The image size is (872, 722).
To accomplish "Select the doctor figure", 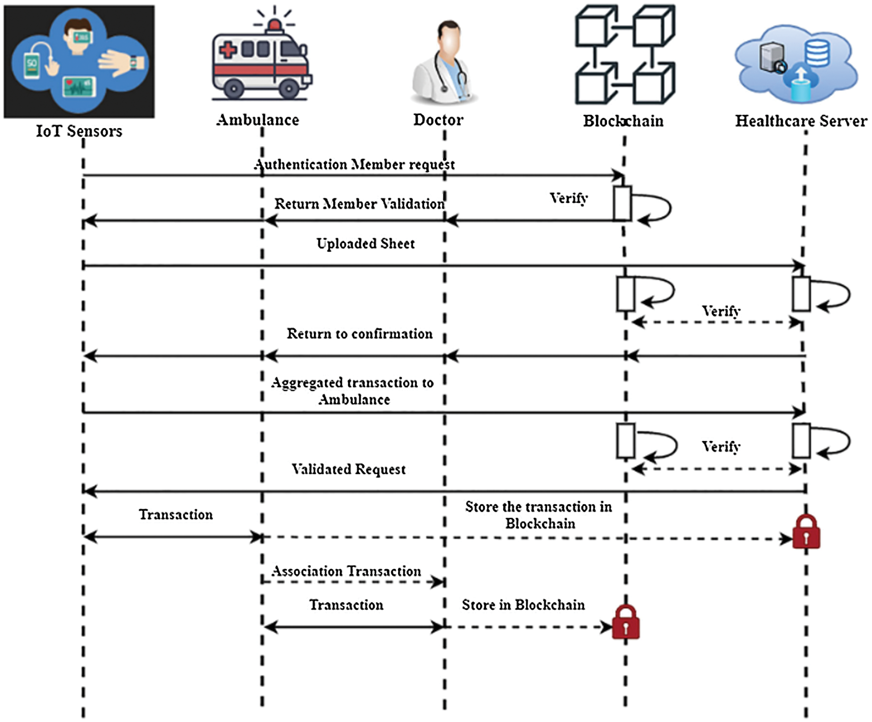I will coord(444,62).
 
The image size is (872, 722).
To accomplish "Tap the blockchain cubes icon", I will coord(625,55).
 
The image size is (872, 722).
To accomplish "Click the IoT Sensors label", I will coord(79,131).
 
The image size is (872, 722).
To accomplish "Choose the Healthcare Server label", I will coord(801,121).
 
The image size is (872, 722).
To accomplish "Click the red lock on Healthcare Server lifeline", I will coord(806,532).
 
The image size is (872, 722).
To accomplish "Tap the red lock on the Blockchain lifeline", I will coord(625,622).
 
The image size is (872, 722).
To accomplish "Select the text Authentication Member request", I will coord(354,164).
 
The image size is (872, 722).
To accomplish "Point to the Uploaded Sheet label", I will coord(365,244).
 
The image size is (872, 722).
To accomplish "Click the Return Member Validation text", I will coord(359,204).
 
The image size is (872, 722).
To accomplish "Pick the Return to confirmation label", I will coord(359,334).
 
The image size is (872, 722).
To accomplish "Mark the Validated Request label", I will coord(348,469).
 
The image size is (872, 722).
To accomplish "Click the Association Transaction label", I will coord(346,571).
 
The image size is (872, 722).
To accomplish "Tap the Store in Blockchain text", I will coord(523,605).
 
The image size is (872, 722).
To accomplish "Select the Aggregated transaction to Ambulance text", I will coord(352,391).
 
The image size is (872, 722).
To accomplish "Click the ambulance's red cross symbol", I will coord(228,50).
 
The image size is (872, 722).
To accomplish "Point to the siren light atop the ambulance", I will coord(274,24).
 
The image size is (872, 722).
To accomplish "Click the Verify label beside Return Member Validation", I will coord(569,198).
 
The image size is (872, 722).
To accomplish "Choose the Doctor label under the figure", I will coord(438,120).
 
